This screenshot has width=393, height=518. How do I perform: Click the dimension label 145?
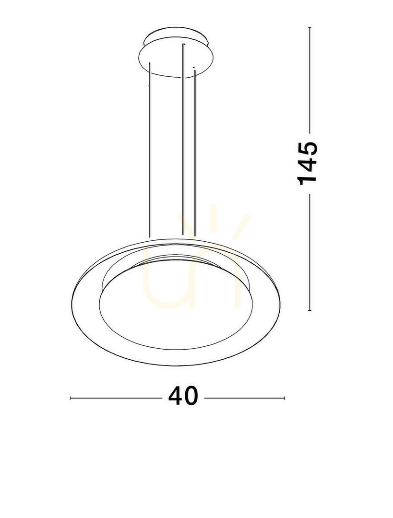(x=308, y=163)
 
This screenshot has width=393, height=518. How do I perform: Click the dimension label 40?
(x=183, y=395)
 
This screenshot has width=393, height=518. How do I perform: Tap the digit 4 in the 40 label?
(x=176, y=395)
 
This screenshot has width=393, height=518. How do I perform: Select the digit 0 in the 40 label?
(x=191, y=395)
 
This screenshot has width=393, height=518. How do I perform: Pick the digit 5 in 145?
(x=308, y=148)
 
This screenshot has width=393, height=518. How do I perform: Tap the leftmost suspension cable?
(x=150, y=150)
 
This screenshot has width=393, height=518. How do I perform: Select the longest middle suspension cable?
(x=183, y=139)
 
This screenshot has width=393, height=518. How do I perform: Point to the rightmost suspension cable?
(x=195, y=153)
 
